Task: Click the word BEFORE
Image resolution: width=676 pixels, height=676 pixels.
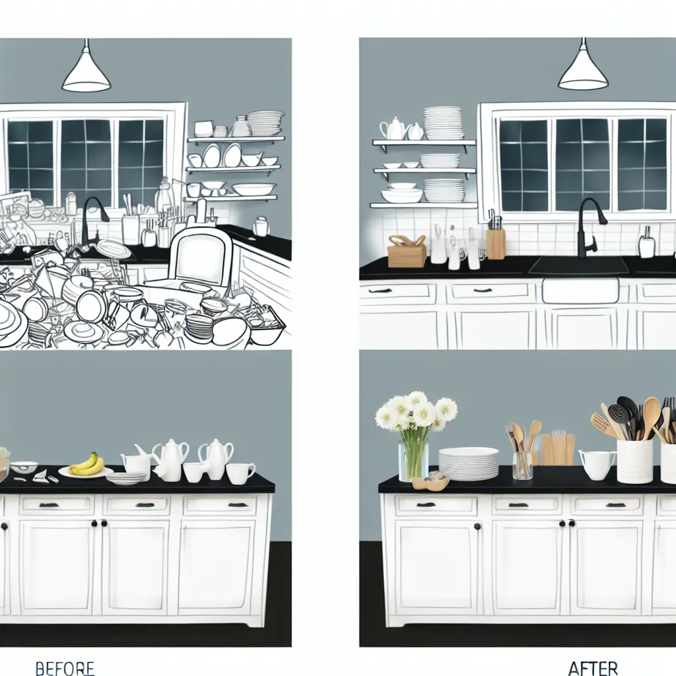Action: pos(65,667)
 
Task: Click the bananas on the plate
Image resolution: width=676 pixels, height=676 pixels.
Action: pos(87,464)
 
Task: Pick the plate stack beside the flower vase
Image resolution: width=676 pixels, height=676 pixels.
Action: pos(469,463)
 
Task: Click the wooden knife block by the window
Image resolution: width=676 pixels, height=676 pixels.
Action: pos(496,243)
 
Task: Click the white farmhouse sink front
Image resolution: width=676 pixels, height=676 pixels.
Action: pos(580,290)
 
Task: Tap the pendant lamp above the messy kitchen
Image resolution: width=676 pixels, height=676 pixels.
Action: pos(86,72)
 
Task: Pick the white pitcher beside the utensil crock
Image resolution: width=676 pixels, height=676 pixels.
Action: pos(597,464)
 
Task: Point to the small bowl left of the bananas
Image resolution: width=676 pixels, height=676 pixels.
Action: pos(24,467)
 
